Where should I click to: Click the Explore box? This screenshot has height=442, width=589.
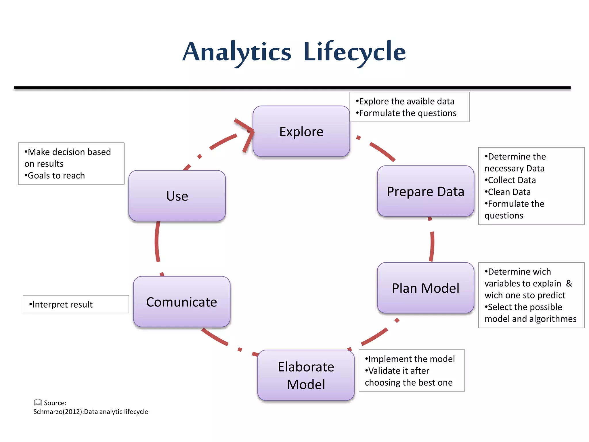(301, 132)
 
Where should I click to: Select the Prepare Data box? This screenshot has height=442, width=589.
(425, 191)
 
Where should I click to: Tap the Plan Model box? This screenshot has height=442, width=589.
(425, 288)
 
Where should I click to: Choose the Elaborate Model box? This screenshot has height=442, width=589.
(306, 375)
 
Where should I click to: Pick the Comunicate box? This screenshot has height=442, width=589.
(181, 302)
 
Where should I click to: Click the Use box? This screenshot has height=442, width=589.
(177, 196)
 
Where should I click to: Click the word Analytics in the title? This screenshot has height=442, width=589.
(237, 52)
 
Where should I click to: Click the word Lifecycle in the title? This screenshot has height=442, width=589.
(354, 52)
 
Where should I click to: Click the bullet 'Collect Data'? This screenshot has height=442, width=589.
(510, 180)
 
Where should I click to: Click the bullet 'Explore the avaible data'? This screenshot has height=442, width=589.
(405, 101)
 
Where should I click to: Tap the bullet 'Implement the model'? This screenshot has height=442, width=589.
(410, 359)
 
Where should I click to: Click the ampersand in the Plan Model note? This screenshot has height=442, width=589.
(569, 283)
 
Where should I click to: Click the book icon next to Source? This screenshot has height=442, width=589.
(38, 402)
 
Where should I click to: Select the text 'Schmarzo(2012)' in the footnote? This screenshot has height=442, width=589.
(58, 412)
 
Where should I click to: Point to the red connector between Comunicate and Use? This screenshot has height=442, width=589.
(157, 242)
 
